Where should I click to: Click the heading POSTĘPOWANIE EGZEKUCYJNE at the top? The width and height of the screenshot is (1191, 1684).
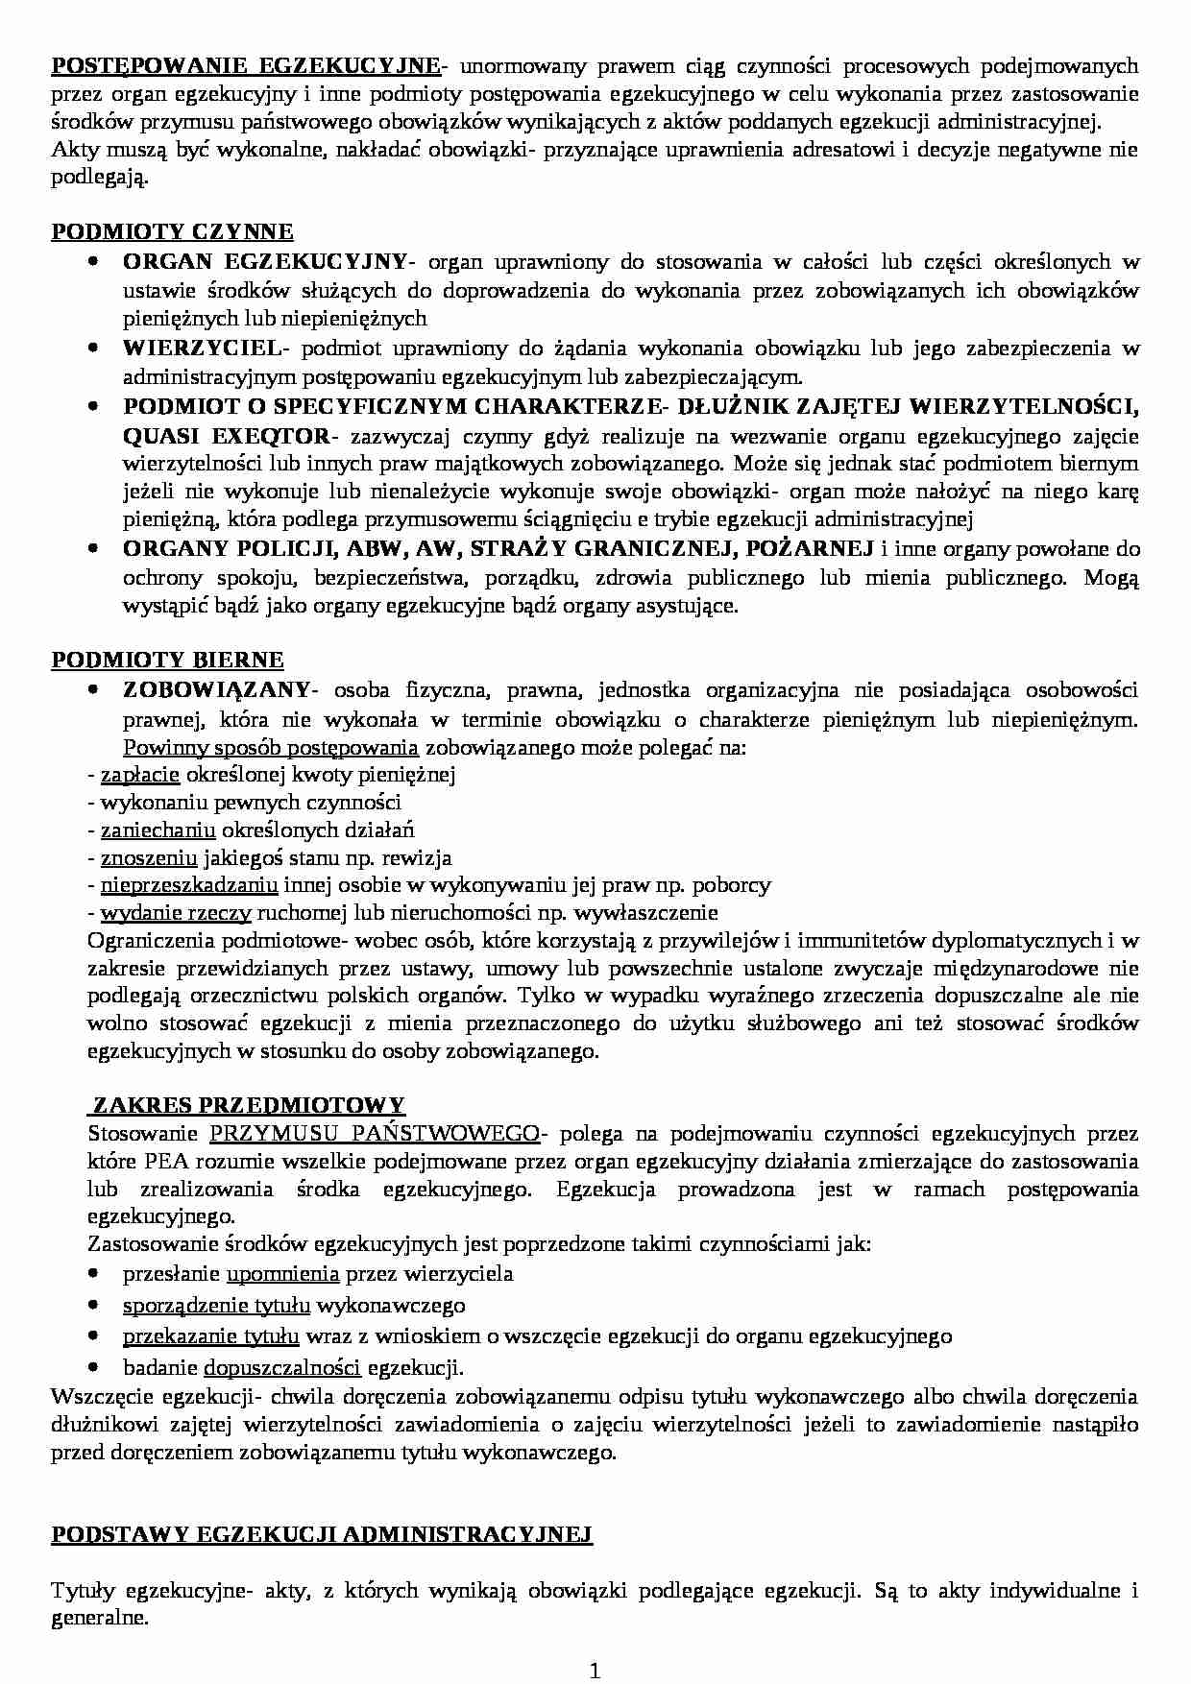tap(246, 65)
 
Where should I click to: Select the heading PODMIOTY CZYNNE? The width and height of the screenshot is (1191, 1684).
tap(172, 231)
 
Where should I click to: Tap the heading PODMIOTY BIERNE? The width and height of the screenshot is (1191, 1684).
tap(167, 660)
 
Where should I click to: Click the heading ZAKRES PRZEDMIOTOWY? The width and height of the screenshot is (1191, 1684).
tap(248, 1104)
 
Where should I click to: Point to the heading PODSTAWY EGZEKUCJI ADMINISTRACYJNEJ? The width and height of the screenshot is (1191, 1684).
tap(322, 1534)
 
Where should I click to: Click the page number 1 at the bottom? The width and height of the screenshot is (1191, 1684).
tap(595, 1672)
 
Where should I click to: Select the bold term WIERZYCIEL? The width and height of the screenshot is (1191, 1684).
tap(201, 348)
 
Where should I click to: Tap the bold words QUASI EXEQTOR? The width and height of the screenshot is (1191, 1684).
tap(226, 436)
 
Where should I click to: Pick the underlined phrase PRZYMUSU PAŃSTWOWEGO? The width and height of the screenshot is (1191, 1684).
tap(375, 1133)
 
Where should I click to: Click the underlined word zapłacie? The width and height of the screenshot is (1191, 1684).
tap(140, 774)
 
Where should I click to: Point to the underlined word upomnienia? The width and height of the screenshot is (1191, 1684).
tap(282, 1274)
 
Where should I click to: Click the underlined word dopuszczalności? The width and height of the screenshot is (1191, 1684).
tap(282, 1367)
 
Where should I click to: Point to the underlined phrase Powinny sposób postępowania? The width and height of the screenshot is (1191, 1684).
tap(271, 747)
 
